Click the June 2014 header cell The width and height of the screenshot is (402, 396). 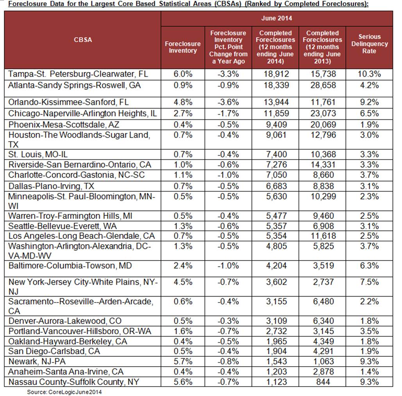[276, 18]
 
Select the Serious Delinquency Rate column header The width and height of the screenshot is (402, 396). [369, 44]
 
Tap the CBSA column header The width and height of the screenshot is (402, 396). [83, 40]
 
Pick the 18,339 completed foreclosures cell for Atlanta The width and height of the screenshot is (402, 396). [275, 85]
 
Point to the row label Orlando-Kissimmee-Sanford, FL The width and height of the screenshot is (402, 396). [68, 102]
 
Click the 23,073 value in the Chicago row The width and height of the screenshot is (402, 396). [322, 113]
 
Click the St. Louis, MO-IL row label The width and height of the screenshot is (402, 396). [41, 154]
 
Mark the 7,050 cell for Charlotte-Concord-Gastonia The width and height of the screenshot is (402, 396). [275, 175]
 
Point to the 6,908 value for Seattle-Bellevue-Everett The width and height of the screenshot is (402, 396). [322, 226]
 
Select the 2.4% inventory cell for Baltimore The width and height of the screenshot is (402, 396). [183, 266]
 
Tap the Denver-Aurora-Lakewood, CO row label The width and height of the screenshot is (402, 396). [65, 321]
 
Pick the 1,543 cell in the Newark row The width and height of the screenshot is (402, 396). [275, 362]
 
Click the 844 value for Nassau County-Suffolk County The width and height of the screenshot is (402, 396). [322, 382]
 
